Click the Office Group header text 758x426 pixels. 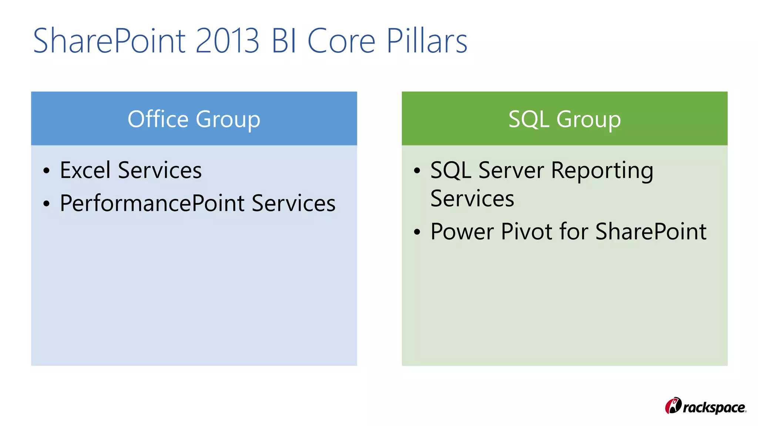pyautogui.click(x=194, y=119)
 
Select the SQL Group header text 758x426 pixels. pyautogui.click(x=564, y=119)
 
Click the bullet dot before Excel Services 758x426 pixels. pyautogui.click(x=46, y=171)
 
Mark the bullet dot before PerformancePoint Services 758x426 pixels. pyautogui.click(x=46, y=204)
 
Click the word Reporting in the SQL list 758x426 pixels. pyautogui.click(x=602, y=171)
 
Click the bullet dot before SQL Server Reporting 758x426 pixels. pyautogui.click(x=417, y=171)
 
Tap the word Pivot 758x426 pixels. pyautogui.click(x=527, y=231)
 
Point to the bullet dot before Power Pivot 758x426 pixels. pyautogui.click(x=417, y=232)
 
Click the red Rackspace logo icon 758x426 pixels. pyautogui.click(x=673, y=406)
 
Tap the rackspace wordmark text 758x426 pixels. pyautogui.click(x=714, y=408)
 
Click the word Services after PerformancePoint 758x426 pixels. pyautogui.click(x=294, y=203)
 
